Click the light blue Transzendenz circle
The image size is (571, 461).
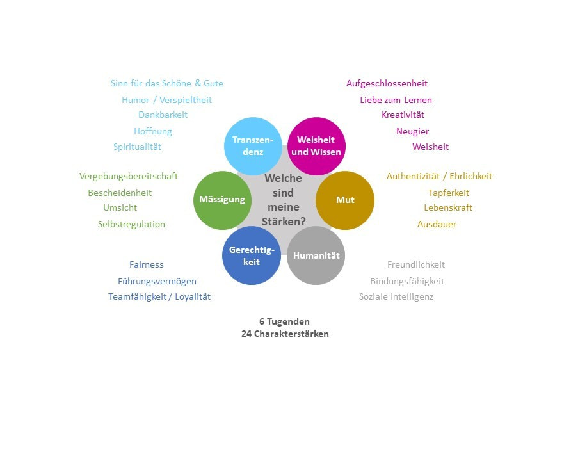pos(253,146)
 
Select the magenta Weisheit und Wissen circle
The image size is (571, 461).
pos(316,146)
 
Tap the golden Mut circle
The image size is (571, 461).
pos(345,200)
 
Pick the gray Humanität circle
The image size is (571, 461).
pos(316,255)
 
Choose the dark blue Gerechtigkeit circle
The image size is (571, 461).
pos(252,255)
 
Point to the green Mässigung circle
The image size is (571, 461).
pos(223,200)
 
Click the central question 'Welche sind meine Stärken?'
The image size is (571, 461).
pos(284,200)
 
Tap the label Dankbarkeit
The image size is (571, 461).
pos(163,115)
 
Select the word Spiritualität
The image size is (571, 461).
pos(137,147)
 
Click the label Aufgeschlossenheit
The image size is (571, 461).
pos(387,83)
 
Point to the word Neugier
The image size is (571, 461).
pos(413,131)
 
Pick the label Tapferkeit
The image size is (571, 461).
pos(449,193)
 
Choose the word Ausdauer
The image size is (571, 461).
pos(437,224)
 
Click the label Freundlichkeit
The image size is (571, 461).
pos(416,264)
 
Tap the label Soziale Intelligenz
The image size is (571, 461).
pos(396,296)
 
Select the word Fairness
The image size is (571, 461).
pos(147,264)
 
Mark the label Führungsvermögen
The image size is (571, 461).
pos(157,281)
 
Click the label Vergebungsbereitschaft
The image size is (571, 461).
pos(129,176)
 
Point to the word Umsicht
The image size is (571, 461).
pos(120,207)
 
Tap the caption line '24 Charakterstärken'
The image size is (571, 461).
pos(285,334)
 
